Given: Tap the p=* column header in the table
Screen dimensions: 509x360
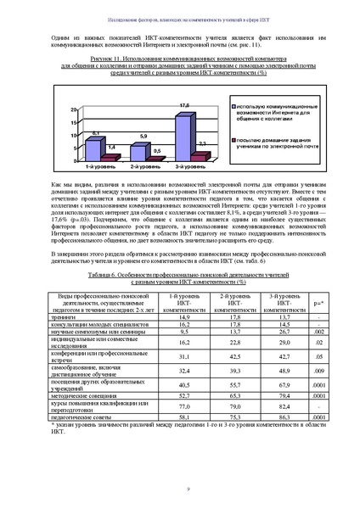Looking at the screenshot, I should (x=318, y=301).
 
